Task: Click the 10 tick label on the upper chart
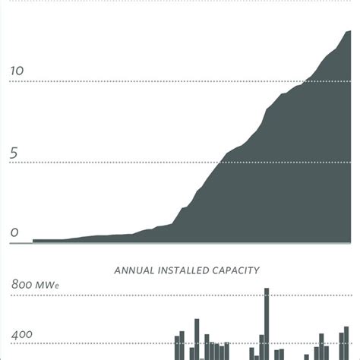[x=17, y=71]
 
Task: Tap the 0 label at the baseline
[x=14, y=234]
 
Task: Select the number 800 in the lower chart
[x=23, y=286]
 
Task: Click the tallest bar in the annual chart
[x=267, y=323]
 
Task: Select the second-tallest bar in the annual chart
[x=197, y=339]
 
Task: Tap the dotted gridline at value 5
[x=114, y=162]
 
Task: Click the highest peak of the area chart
[x=349, y=31]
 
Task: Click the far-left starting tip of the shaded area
[x=33, y=241]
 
